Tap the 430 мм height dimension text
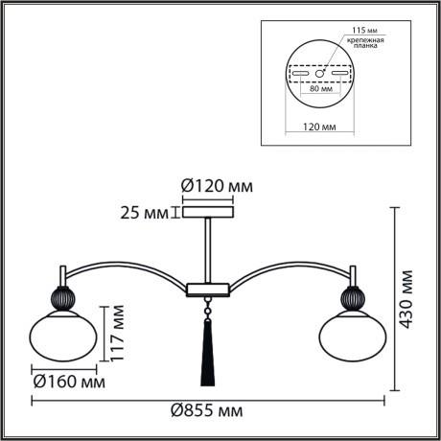pos(409,298)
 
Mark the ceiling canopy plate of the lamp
pos(207,212)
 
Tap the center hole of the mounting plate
pos(320,74)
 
